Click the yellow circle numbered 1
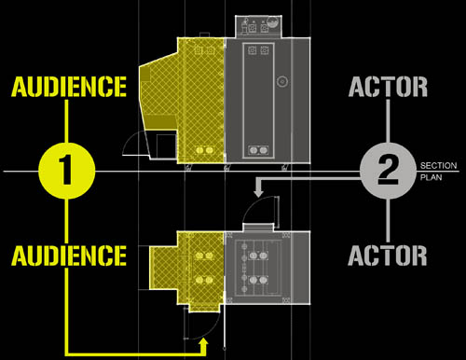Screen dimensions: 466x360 click(67, 171)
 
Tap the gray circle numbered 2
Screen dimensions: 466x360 click(388, 171)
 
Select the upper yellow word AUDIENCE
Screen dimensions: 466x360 click(69, 87)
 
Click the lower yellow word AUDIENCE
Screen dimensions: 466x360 click(69, 256)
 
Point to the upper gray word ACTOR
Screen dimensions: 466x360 click(388, 87)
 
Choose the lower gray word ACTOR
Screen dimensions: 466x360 click(388, 256)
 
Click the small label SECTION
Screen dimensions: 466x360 click(438, 165)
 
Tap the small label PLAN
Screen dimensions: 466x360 click(431, 177)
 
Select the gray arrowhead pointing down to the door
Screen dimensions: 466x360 click(258, 191)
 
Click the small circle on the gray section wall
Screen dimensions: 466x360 click(282, 81)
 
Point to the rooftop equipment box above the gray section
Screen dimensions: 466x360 click(258, 26)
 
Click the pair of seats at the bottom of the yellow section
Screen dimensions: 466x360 click(204, 150)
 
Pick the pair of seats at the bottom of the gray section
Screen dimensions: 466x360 click(258, 150)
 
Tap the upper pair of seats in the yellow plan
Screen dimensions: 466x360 click(204, 256)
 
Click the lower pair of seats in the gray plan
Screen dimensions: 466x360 click(258, 281)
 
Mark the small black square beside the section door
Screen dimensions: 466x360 click(166, 146)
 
